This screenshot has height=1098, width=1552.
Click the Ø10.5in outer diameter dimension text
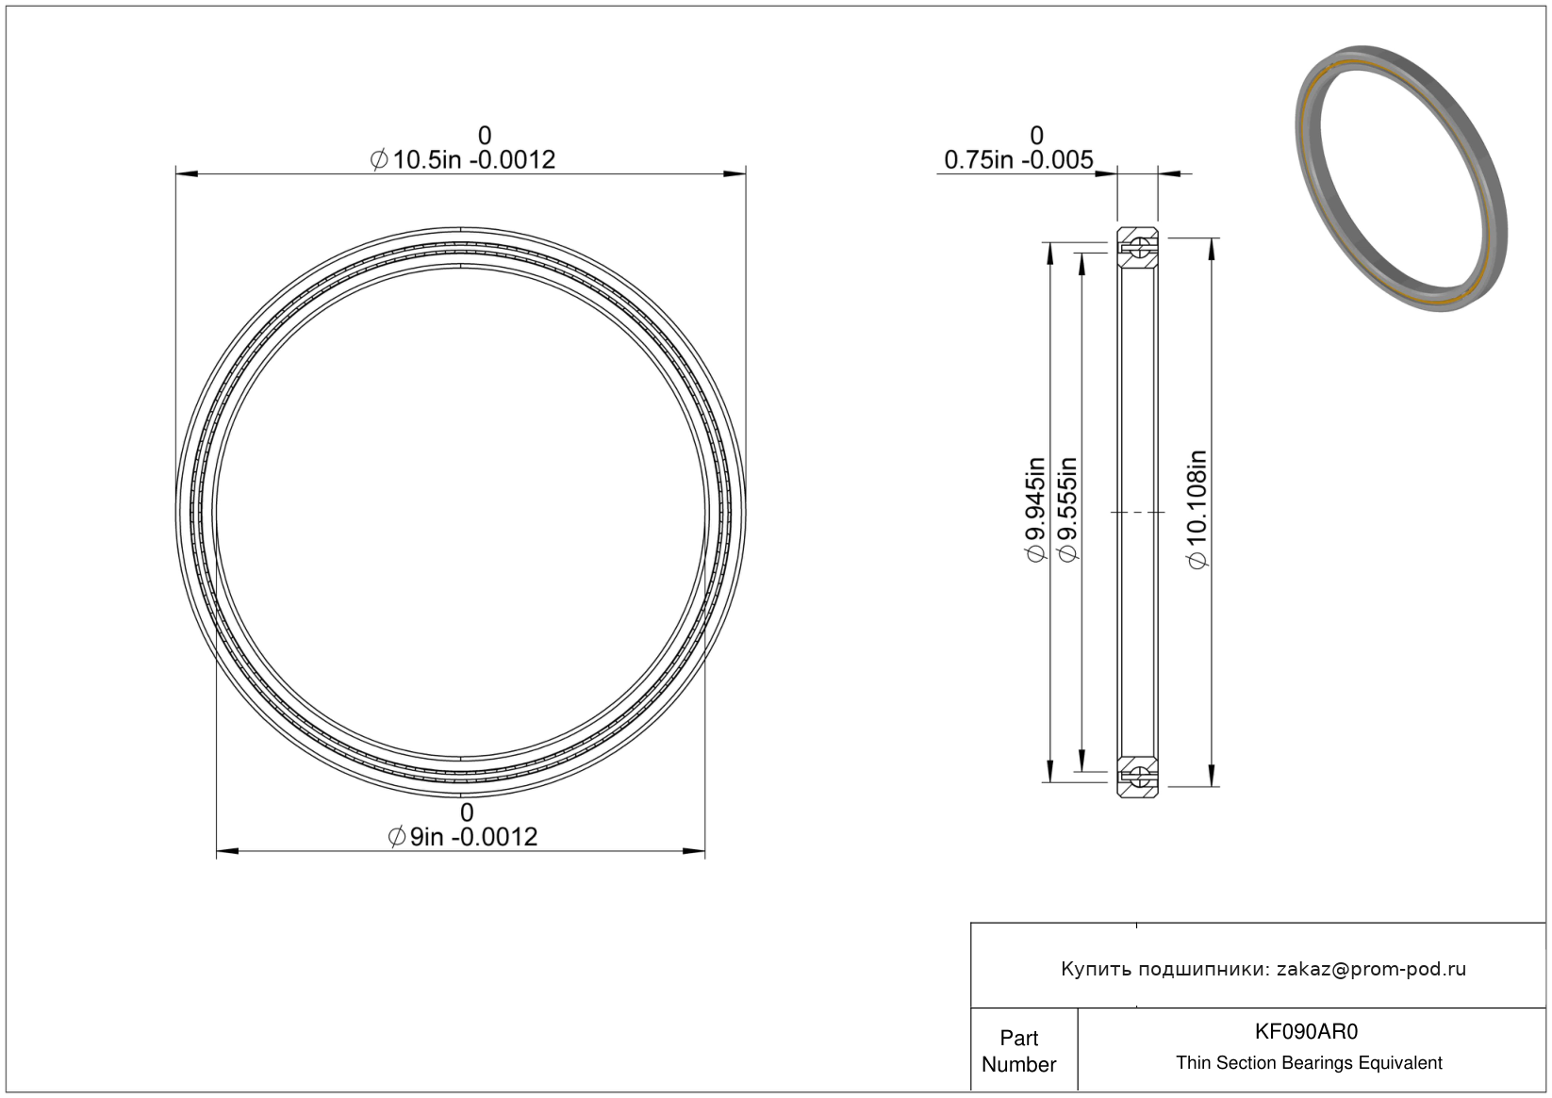[463, 160]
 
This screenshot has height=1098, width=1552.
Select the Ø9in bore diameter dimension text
[463, 837]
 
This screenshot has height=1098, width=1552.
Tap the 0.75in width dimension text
[1018, 160]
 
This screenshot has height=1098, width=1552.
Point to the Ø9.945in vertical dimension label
[1034, 510]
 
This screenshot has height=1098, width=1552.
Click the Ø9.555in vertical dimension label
[1067, 510]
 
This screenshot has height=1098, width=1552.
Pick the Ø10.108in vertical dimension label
[1198, 510]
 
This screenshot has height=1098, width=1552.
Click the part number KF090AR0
[1306, 1032]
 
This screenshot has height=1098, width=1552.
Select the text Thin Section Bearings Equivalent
[1309, 1063]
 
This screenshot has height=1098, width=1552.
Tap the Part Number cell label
[1018, 1051]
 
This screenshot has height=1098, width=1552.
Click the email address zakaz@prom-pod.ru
[1371, 969]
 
